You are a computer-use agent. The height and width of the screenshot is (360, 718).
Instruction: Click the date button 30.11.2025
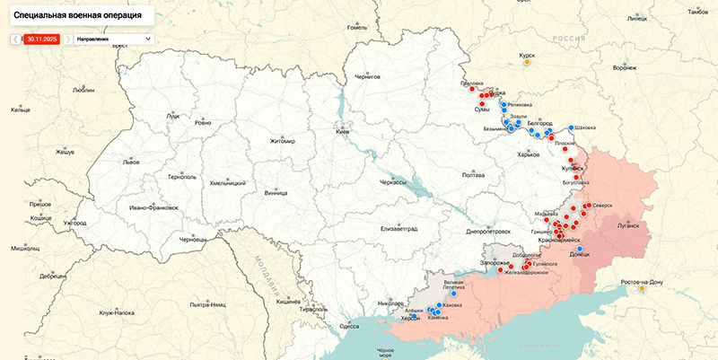[x=41, y=40]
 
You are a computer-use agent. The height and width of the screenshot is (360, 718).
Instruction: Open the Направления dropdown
[x=113, y=40]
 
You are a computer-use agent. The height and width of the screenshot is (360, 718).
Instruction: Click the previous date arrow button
[x=15, y=40]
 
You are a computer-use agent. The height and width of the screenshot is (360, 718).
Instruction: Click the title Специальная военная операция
[x=76, y=15]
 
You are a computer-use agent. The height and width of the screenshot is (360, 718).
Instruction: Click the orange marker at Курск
[x=527, y=63]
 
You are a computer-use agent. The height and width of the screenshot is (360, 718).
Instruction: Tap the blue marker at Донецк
[x=580, y=249]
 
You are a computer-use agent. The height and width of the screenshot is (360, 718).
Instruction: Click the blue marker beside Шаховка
[x=571, y=127]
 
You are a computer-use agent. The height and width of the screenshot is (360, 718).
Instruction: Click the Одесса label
[x=349, y=327]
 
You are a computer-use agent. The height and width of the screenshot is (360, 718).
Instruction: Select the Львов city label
[x=131, y=162]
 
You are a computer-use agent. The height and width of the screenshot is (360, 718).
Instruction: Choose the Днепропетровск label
[x=488, y=231]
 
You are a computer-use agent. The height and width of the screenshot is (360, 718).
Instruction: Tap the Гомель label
[x=358, y=28]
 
